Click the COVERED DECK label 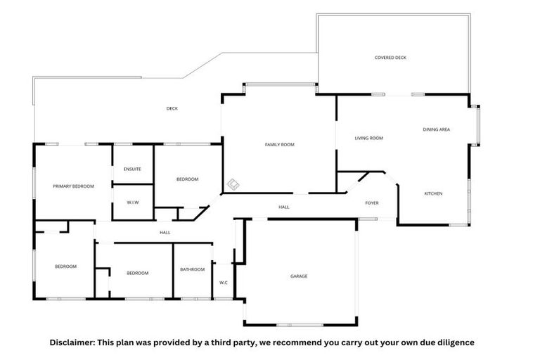click(x=390, y=58)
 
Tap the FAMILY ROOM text click(x=279, y=144)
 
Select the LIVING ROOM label click(x=368, y=138)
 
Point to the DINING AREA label click(x=436, y=129)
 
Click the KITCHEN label click(x=433, y=193)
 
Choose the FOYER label click(x=372, y=203)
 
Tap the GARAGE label click(x=298, y=276)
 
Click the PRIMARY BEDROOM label click(x=73, y=186)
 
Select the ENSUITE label click(x=132, y=169)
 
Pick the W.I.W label click(x=133, y=202)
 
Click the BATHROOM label click(x=192, y=269)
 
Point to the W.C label click(x=223, y=283)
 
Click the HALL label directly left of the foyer click(x=284, y=207)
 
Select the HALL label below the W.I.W click(x=165, y=232)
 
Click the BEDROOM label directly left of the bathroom click(x=137, y=273)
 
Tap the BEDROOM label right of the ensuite click(x=187, y=179)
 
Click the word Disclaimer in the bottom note click(x=71, y=342)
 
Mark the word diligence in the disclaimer click(x=455, y=342)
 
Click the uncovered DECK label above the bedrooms click(x=172, y=108)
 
